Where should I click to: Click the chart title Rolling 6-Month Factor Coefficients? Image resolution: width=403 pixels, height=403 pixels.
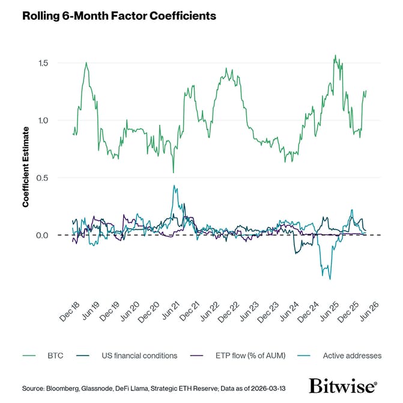click(119, 16)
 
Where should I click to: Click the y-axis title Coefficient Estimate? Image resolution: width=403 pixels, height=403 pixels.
click(26, 167)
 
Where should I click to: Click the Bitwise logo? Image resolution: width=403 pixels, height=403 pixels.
click(343, 385)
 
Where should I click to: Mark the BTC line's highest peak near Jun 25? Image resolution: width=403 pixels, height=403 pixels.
click(335, 56)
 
